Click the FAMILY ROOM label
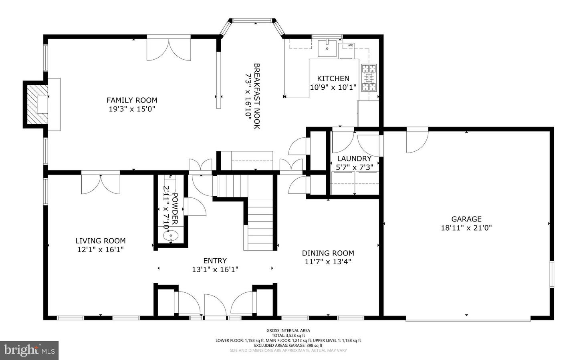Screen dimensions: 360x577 [x=132, y=100]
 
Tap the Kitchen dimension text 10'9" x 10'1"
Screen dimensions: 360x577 [x=333, y=87]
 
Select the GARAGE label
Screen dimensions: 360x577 [x=466, y=219]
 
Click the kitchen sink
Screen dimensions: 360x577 [x=327, y=48]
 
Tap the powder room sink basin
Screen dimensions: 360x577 [x=171, y=236]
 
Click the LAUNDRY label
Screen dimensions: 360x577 [x=354, y=159]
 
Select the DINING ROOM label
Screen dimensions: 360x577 [x=328, y=253]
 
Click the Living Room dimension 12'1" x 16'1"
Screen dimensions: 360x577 [x=101, y=249]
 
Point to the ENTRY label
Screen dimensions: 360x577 [x=215, y=261]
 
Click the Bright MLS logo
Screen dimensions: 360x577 [x=29, y=350]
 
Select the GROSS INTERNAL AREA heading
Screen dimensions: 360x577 [x=288, y=330]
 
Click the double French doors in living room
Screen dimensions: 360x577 [x=101, y=184]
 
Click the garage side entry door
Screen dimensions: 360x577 [x=417, y=140]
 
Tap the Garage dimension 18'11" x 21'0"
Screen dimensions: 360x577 [x=466, y=228]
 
